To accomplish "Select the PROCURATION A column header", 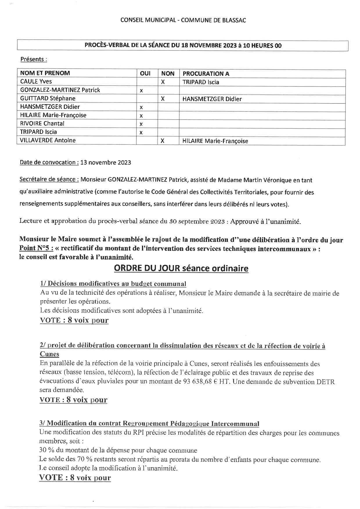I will (x=206, y=74).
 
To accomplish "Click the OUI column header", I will (x=145, y=73).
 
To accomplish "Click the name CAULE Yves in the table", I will (x=36, y=82).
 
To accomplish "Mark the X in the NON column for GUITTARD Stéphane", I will (x=163, y=99).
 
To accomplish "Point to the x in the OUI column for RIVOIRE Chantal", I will (x=141, y=124).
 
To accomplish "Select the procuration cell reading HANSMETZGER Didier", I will (x=212, y=99).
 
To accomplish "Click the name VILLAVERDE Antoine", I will (x=48, y=140).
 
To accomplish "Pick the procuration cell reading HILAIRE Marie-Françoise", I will (x=215, y=141).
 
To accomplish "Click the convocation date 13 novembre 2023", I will (x=106, y=163).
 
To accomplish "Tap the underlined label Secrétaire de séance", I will (x=49, y=179).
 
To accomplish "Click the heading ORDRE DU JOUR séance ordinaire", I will (x=181, y=268).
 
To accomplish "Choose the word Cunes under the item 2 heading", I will (x=49, y=354).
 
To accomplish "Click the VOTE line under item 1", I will (x=74, y=320).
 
